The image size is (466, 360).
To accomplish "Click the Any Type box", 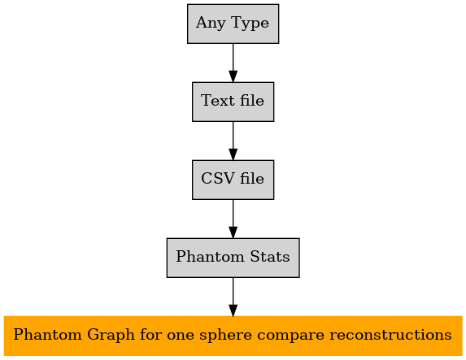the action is point(233,24).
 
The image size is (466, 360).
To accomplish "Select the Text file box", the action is point(233,102).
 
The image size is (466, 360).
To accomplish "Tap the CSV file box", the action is point(233,180).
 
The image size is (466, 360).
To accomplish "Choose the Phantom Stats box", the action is point(233,258).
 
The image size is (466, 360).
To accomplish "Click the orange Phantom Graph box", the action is point(233,336).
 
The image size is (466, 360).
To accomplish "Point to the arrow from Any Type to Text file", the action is point(233,63).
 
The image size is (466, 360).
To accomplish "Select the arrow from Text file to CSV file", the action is point(233,141).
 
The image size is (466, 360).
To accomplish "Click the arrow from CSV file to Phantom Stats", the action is point(233,219).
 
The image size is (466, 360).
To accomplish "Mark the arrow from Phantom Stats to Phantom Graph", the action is point(233,297).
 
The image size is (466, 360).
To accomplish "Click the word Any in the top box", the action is point(211,24).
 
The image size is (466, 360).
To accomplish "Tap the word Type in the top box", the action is point(250,24).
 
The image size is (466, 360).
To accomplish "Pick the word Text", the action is point(218,101).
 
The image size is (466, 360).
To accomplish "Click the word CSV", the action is point(218,179).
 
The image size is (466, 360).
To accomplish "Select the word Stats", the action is point(270,256).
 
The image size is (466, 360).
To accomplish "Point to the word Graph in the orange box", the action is point(111,336).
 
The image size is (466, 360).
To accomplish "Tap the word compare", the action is point(290,336).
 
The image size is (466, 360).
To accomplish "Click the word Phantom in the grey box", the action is point(211,256).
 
